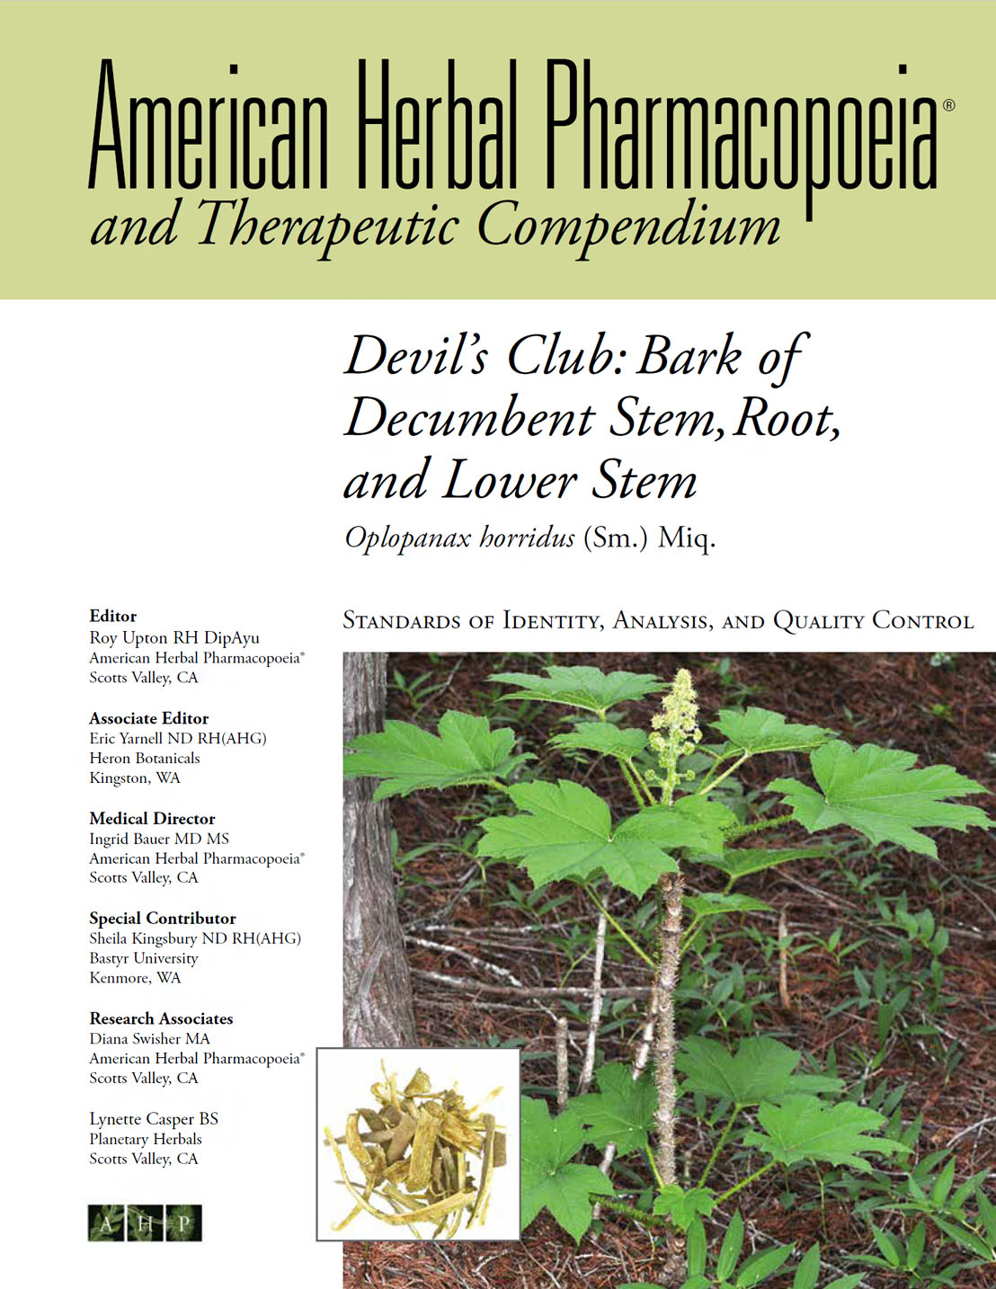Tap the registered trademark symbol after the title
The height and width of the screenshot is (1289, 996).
948,105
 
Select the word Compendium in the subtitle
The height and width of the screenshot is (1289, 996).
628,226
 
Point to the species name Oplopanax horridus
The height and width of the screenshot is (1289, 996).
459,538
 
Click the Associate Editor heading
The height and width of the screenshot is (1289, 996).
148,718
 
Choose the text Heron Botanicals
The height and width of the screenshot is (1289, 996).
144,758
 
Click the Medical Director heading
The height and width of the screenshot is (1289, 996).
152,818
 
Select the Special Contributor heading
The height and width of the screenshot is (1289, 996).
162,918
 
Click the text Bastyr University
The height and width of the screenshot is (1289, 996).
143,958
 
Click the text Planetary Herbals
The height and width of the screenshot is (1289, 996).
145,1139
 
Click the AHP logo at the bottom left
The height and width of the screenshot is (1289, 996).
145,1222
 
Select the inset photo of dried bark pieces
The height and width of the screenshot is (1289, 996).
418,1144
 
